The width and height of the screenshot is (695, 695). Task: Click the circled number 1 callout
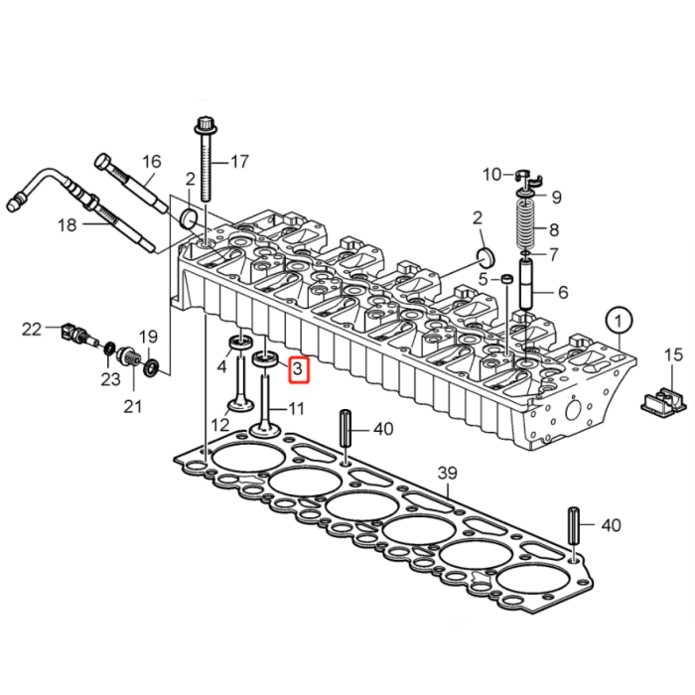(x=620, y=321)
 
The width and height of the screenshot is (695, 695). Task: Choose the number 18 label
(x=67, y=225)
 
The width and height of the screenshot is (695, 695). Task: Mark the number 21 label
(x=132, y=405)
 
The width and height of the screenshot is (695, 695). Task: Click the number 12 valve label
(x=219, y=424)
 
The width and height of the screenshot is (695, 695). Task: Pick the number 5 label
(x=483, y=280)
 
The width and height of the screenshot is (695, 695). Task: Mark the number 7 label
(x=554, y=253)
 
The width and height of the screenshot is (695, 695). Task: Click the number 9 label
(x=556, y=197)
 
